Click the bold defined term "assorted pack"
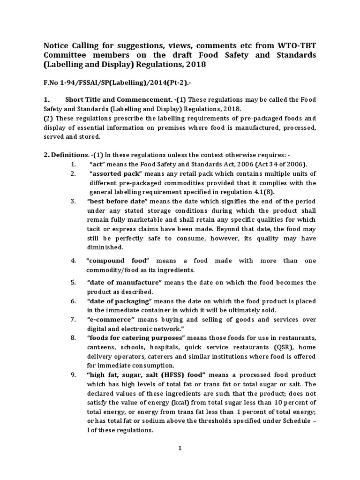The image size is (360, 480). click(111, 174)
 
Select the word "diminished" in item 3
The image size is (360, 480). click(106, 247)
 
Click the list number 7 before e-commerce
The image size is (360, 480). click(73, 319)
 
